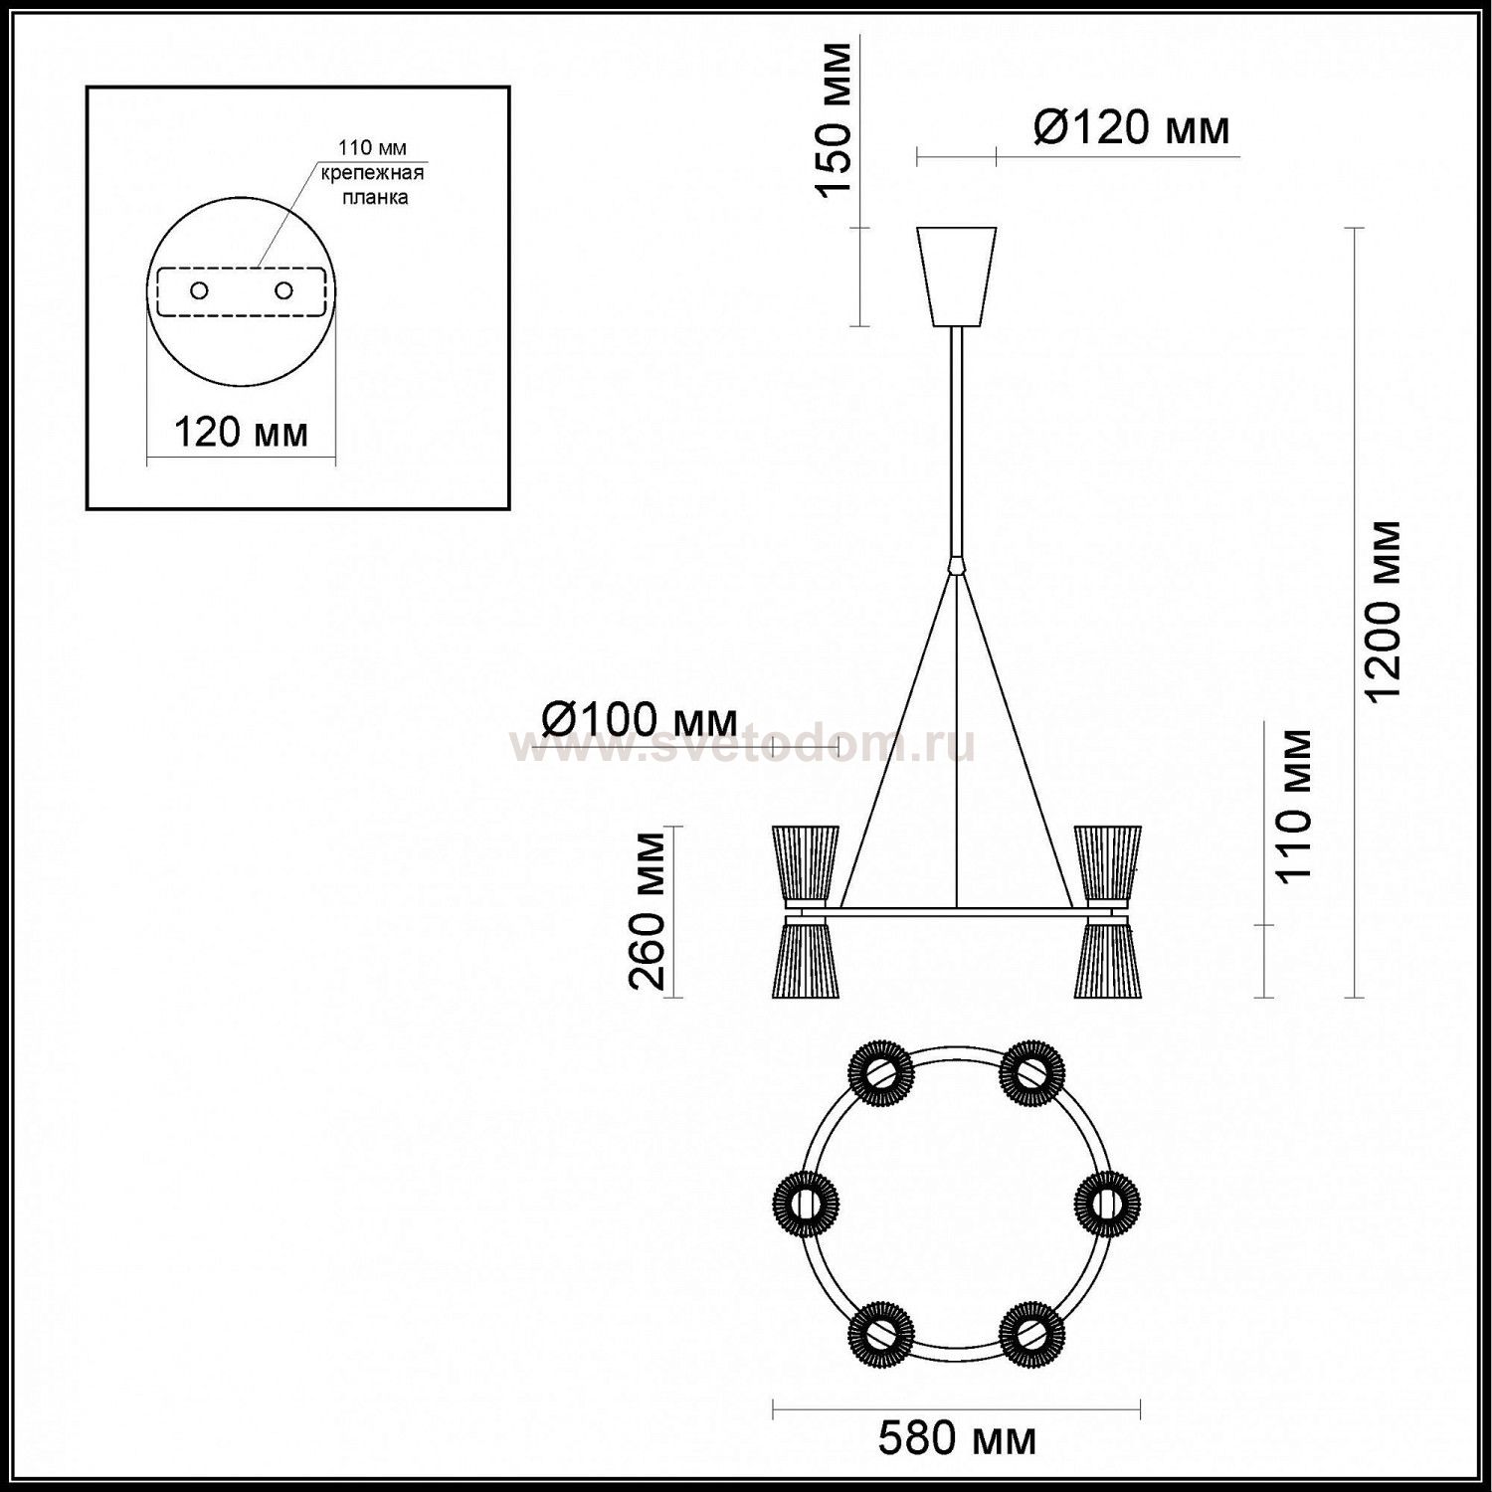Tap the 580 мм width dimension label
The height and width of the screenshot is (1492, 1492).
(957, 1439)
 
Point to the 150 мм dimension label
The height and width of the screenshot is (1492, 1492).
(836, 119)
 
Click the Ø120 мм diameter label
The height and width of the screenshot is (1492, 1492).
(1132, 127)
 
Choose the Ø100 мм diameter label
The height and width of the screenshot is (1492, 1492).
(640, 717)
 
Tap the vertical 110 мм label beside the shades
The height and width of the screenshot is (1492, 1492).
(1293, 806)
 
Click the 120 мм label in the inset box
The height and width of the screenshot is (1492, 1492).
(242, 433)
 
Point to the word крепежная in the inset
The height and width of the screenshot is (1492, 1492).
(372, 173)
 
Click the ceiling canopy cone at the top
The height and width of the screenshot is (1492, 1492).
(957, 278)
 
